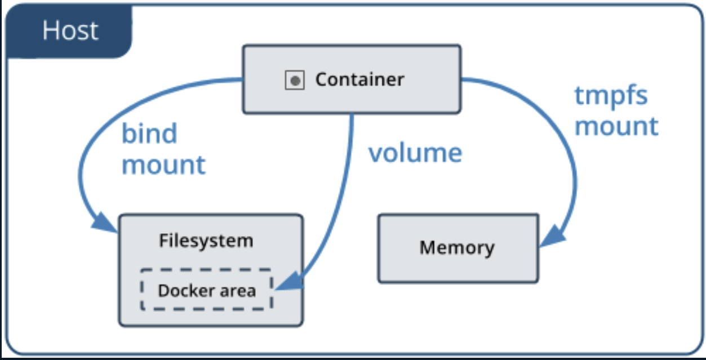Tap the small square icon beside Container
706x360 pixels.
[294, 80]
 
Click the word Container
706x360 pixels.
[359, 79]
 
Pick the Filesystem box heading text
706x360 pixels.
[206, 241]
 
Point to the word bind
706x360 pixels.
[149, 134]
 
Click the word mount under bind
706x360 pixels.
[164, 165]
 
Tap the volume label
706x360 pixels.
[415, 153]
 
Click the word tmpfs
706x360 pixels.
[611, 96]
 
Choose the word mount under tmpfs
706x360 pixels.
[616, 126]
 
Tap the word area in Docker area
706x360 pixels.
[239, 291]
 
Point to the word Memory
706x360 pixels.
[457, 247]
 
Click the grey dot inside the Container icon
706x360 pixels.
[294, 81]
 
